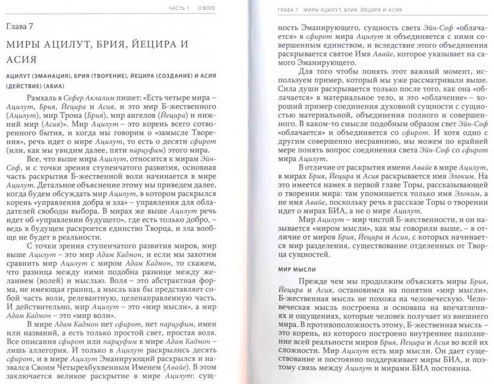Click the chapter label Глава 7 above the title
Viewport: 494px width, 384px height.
[21, 27]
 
